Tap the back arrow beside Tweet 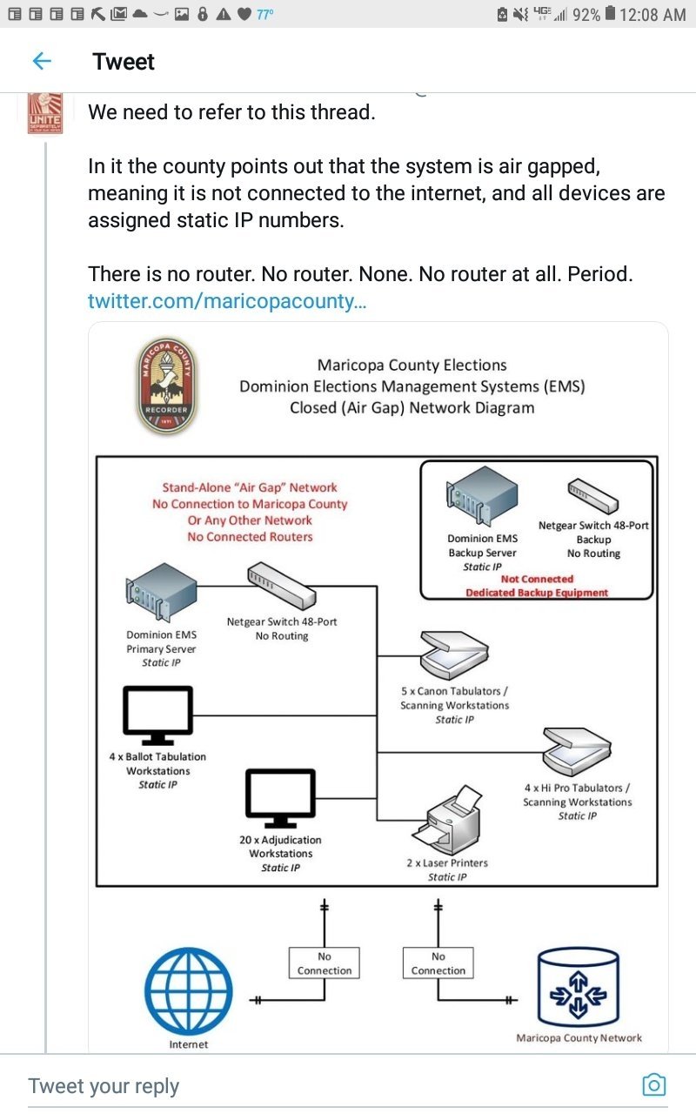[41, 61]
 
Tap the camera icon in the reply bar [653, 1084]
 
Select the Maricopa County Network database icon [579, 987]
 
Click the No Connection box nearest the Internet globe [325, 963]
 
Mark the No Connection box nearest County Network [438, 963]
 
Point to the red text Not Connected [537, 579]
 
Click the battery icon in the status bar [611, 14]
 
